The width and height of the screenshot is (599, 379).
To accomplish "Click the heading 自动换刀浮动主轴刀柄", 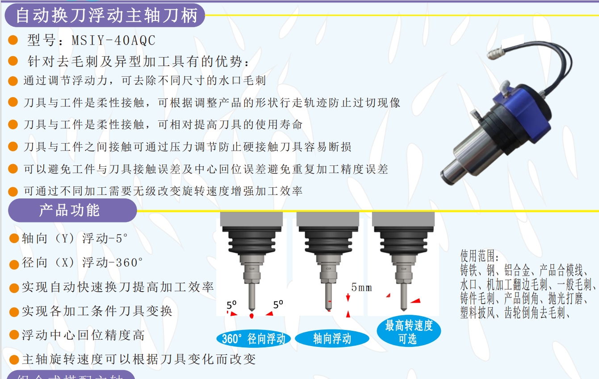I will click(106, 16).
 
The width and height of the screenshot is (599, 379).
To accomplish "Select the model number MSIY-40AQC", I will click(113, 41).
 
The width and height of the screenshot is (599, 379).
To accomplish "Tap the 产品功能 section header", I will click(69, 210).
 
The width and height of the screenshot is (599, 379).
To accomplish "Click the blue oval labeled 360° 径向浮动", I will click(253, 339).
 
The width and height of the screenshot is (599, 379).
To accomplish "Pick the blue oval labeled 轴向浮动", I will click(332, 339).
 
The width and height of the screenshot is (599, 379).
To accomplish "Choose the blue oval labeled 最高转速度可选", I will click(409, 332).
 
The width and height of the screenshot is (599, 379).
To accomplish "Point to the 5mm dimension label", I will click(361, 288).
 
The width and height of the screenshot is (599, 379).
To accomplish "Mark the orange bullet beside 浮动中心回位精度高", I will click(14, 336).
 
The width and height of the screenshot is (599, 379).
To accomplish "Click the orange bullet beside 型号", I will click(13, 41).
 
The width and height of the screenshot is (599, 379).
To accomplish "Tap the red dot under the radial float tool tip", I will click(251, 316).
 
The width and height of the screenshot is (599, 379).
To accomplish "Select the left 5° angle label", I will click(231, 305).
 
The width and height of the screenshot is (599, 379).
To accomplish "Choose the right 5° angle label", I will click(278, 304).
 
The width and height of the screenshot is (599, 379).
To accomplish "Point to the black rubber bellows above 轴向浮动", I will click(328, 243).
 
